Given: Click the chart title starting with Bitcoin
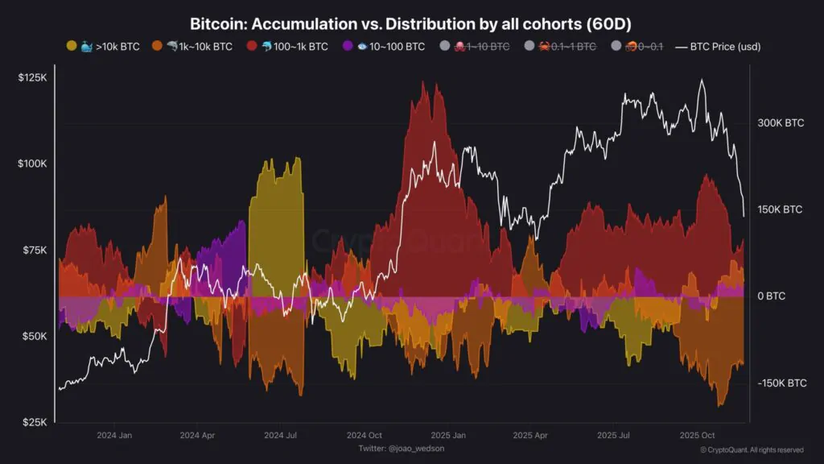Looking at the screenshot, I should pos(411,24).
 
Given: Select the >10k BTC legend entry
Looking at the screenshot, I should pos(104,47).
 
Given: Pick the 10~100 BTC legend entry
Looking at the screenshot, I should pos(386,47).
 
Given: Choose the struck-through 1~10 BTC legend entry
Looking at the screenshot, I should pos(480,47).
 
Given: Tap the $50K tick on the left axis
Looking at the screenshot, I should pos(33,336).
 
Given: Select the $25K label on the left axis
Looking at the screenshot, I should pos(33,422).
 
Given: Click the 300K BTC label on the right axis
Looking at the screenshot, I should pos(781,123).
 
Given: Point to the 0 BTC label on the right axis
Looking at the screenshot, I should pos(771,296).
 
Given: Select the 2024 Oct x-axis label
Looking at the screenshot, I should pos(364,435).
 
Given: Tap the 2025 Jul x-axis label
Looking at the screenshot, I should pos(613,435).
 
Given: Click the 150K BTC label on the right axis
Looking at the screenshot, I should pos(781,209).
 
